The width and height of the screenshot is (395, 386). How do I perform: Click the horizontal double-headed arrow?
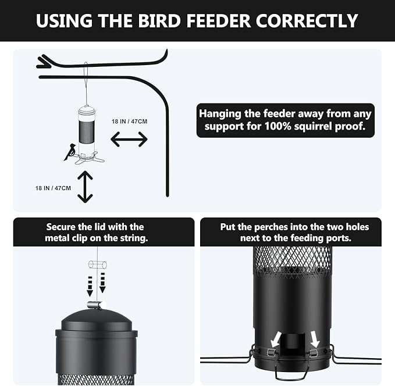point(129,139)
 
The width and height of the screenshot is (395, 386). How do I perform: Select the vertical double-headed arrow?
point(85,187)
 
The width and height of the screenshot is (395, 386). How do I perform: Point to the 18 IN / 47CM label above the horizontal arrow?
point(130,122)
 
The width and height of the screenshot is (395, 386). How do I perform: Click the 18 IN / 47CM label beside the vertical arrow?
point(52,188)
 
